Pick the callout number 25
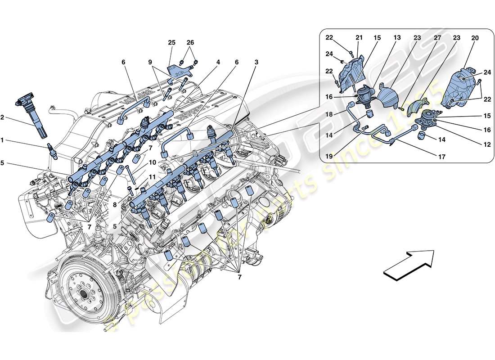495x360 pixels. coord(171,42)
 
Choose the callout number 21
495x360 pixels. coord(359,39)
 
